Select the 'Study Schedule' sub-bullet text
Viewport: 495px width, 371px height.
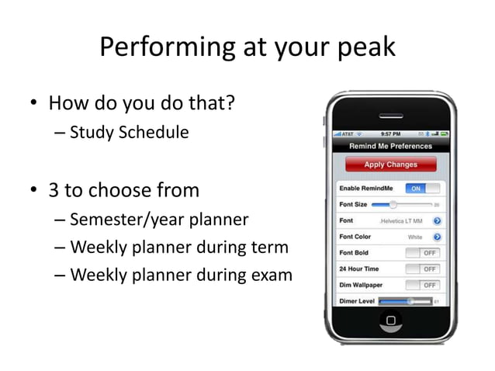pyautogui.click(x=129, y=132)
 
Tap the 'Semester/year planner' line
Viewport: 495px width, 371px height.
pyautogui.click(x=159, y=220)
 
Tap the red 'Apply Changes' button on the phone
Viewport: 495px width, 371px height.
pyautogui.click(x=390, y=165)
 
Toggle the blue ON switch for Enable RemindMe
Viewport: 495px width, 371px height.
pyautogui.click(x=423, y=189)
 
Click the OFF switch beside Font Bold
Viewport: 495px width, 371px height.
pyautogui.click(x=423, y=253)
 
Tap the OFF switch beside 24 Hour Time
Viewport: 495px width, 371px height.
pyautogui.click(x=423, y=269)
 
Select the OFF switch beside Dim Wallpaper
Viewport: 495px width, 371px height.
pyautogui.click(x=423, y=285)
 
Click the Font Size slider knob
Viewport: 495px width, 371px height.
pyautogui.click(x=393, y=205)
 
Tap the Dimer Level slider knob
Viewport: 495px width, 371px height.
pyautogui.click(x=410, y=301)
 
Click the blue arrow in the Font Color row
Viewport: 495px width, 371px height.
pyautogui.click(x=437, y=237)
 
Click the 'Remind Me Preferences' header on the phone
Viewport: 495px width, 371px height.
pyautogui.click(x=390, y=146)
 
